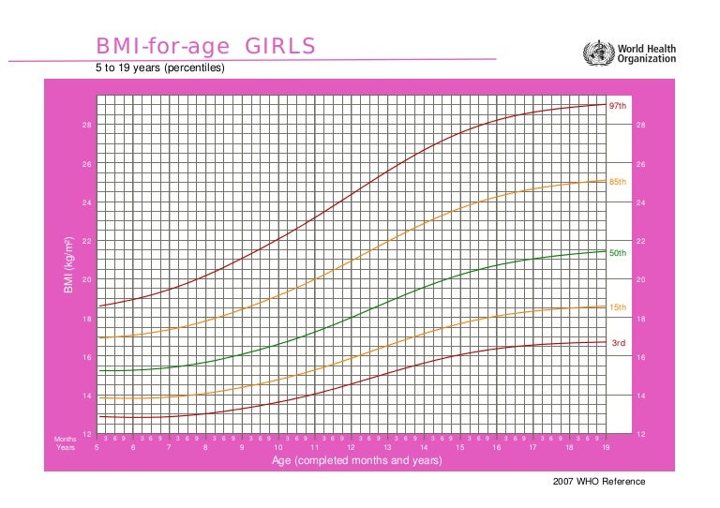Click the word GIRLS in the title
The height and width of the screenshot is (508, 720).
(280, 47)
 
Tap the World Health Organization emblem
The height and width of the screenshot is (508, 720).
(597, 52)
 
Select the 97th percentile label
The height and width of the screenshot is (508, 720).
(617, 106)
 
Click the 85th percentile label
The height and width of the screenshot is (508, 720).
(617, 182)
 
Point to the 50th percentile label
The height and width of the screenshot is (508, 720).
(617, 253)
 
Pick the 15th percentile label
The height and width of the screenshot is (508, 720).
(617, 307)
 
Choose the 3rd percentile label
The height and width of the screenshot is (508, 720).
(618, 343)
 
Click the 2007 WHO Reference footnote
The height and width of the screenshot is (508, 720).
(600, 482)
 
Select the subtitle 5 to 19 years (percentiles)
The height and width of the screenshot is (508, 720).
(159, 68)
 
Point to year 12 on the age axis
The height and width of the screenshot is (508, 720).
(351, 448)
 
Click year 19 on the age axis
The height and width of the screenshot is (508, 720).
(606, 448)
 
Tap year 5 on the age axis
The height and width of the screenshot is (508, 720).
(97, 448)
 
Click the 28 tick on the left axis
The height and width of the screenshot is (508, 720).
(86, 126)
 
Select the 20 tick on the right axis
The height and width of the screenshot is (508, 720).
(640, 280)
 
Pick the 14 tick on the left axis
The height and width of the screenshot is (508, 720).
(86, 396)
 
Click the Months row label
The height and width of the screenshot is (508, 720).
(65, 439)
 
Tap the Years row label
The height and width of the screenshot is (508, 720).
(66, 448)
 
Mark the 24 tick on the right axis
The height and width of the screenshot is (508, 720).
(640, 203)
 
